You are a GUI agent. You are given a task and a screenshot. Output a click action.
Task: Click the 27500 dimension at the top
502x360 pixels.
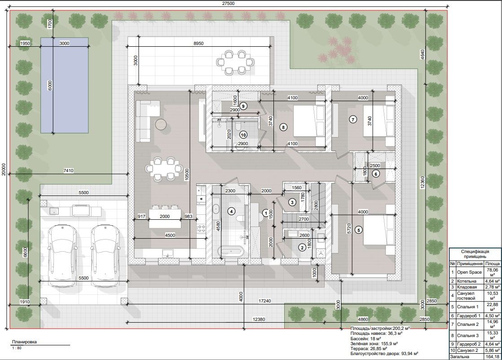pyautogui.click(x=228, y=4)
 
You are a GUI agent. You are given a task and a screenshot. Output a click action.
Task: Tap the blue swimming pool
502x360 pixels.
pyautogui.click(x=64, y=85)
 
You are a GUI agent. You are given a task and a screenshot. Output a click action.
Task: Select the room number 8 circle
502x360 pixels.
pyautogui.click(x=283, y=127)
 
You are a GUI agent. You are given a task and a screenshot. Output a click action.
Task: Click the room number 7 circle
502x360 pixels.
pyautogui.click(x=353, y=120)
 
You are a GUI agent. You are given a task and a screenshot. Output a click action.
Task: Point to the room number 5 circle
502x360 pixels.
pyautogui.click(x=359, y=230)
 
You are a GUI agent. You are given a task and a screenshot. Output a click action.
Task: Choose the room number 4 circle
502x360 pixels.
pyautogui.click(x=231, y=211)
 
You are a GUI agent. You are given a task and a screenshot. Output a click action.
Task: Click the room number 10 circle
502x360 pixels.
pyautogui.click(x=243, y=135)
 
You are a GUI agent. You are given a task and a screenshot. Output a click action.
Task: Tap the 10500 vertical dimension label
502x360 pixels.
pyautogui.click(x=187, y=175)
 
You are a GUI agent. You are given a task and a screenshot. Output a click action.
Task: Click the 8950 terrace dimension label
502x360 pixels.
pyautogui.click(x=198, y=43)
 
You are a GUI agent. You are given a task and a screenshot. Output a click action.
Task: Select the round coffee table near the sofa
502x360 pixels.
pyautogui.click(x=161, y=124)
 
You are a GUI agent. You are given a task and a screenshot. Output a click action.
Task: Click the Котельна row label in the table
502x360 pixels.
pyautogui.click(x=467, y=281)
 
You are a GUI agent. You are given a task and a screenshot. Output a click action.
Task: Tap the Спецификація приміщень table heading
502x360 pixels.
pyautogui.click(x=475, y=254)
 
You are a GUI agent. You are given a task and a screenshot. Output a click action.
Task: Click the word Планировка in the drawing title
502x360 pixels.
pyautogui.click(x=24, y=342)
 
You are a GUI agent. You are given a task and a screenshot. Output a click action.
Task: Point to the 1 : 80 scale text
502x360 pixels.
pyautogui.click(x=17, y=348)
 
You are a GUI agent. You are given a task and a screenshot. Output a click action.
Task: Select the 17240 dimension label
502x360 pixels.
pyautogui.click(x=265, y=301)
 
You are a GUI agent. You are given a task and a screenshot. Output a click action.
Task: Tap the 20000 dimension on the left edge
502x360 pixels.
pyautogui.click(x=4, y=169)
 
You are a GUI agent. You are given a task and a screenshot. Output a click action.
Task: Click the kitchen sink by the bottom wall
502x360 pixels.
pyautogui.click(x=167, y=253)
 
